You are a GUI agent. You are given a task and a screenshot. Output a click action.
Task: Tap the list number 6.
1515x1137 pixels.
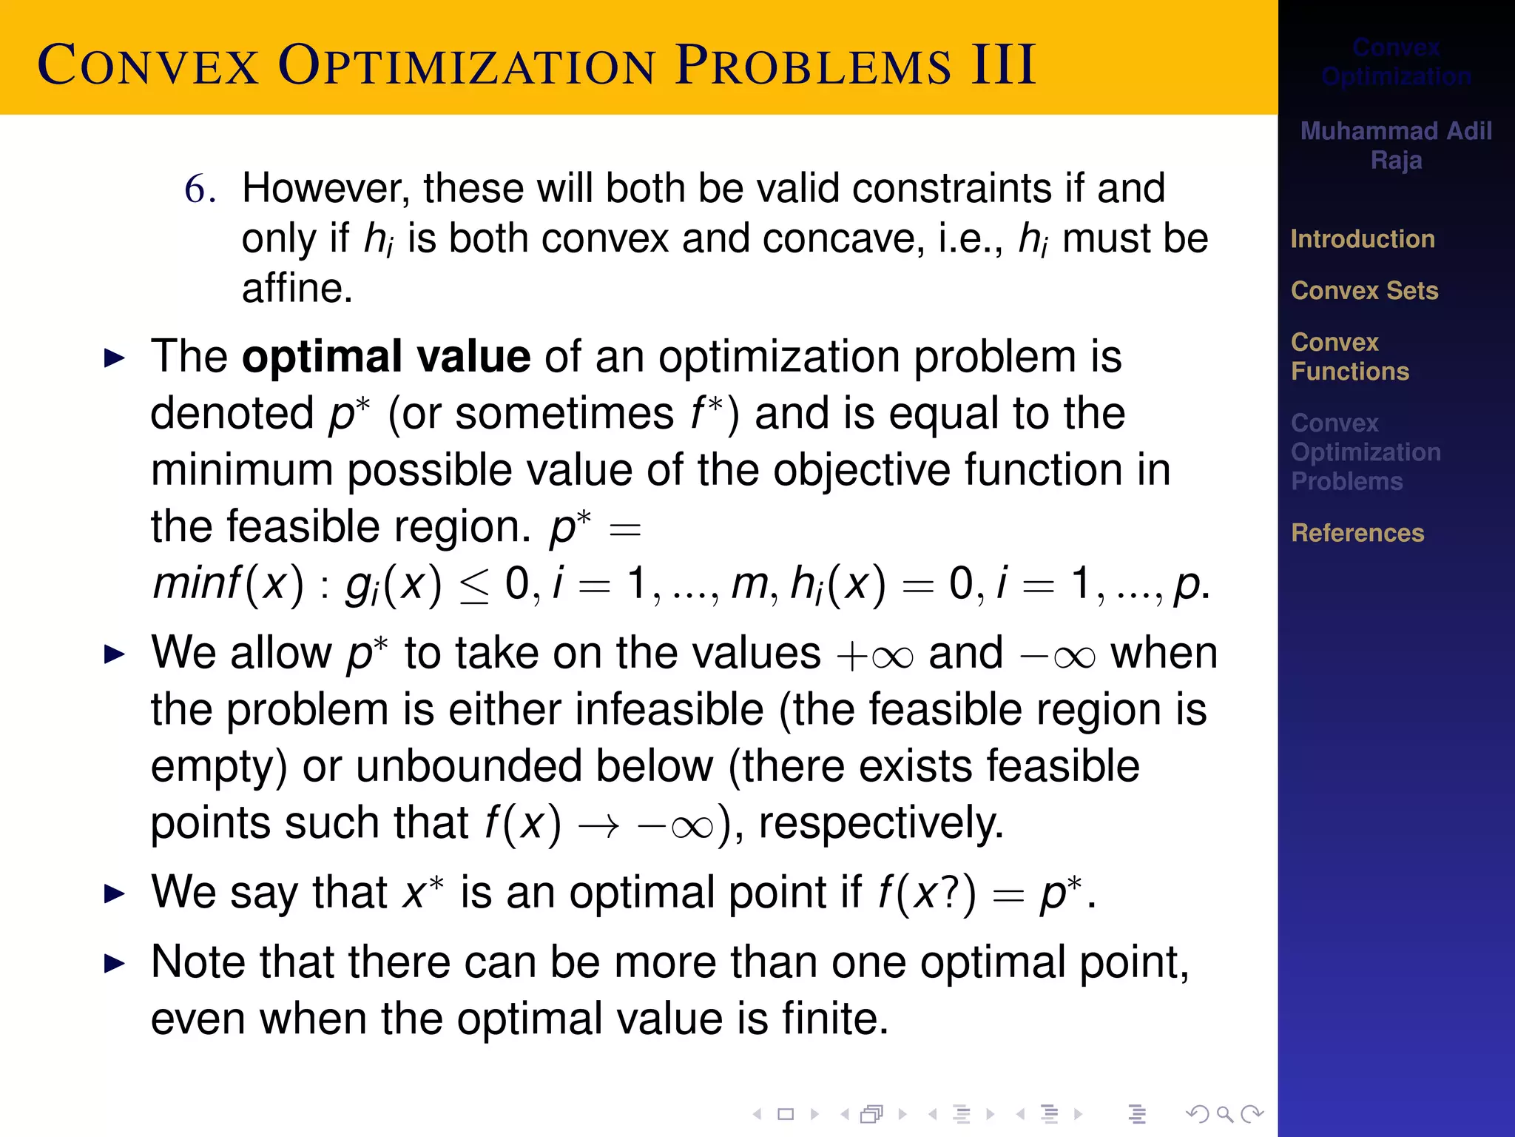200,189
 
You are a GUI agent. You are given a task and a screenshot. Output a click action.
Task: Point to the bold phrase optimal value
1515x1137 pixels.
386,357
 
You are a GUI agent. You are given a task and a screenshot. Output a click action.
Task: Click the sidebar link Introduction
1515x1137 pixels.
1363,239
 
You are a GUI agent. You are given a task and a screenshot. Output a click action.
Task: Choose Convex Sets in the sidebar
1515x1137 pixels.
1364,291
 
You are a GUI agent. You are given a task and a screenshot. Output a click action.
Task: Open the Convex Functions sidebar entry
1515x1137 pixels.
1349,357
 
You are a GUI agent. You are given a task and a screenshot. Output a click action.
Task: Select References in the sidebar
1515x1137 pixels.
1357,533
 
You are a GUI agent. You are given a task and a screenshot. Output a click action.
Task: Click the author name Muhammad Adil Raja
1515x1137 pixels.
1396,145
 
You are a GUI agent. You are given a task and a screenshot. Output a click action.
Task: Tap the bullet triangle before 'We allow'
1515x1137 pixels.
115,654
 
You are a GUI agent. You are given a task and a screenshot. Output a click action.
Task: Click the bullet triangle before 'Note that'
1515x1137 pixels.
115,964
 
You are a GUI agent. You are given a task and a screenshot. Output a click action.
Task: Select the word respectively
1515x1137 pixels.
880,823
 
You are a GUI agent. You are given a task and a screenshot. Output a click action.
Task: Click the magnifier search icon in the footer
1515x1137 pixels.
1224,1114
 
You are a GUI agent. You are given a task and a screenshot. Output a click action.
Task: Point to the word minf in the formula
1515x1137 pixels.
197,583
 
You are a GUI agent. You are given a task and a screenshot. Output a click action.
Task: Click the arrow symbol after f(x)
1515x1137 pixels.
598,826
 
